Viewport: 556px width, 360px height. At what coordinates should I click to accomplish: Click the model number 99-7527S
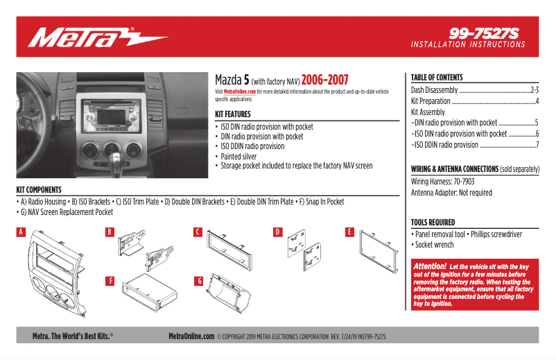tap(483, 33)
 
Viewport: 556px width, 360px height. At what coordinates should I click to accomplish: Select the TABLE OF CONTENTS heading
tap(436, 78)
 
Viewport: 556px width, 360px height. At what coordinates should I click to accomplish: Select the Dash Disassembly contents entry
tap(435, 90)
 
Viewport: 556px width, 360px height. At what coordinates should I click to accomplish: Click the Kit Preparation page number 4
tap(537, 101)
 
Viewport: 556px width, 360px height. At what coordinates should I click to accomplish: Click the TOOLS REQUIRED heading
tap(433, 223)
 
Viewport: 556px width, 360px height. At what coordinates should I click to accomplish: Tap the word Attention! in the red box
tap(429, 266)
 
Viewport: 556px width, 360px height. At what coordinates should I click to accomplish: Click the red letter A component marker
tap(21, 232)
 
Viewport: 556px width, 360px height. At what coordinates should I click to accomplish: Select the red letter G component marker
tap(198, 281)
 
